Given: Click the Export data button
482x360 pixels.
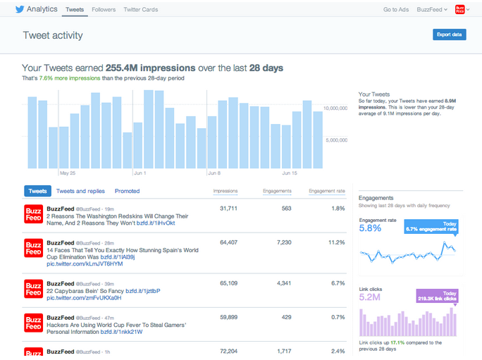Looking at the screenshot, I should [449, 34].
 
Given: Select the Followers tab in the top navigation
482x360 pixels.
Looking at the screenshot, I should [104, 9].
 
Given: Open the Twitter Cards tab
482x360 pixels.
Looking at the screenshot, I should [140, 9].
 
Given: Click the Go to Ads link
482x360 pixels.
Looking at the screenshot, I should [396, 9].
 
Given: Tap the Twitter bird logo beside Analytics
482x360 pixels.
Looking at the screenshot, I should [18, 9].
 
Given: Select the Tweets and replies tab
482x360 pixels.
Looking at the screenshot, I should [80, 191].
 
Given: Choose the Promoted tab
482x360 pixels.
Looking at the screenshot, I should [127, 191].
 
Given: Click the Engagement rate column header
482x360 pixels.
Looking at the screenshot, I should [326, 191].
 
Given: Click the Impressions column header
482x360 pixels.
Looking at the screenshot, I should [225, 191].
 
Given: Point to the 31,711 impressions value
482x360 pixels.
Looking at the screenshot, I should [228, 209].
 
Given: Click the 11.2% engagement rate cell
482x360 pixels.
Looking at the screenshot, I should [336, 242].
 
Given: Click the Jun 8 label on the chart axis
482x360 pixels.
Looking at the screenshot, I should [214, 173].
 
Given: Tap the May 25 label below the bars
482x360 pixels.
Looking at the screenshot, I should [68, 173].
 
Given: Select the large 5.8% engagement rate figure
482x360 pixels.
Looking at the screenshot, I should [370, 228].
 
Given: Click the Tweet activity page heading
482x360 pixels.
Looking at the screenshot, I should [53, 35].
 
